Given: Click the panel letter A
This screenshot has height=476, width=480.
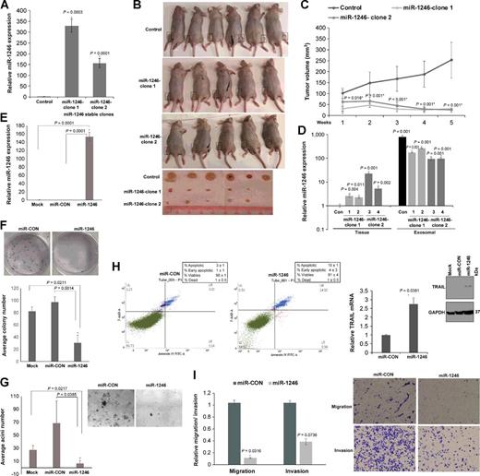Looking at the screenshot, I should (x=7, y=7).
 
